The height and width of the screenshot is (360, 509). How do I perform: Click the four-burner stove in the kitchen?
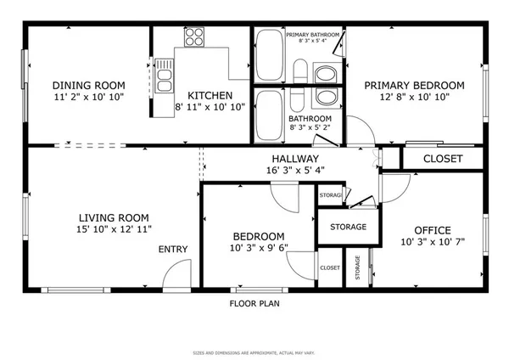coord(194,37)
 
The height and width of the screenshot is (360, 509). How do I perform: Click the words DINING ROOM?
coord(88,85)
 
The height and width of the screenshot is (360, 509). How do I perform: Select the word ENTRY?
coord(173,250)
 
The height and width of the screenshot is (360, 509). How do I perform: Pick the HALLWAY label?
coord(294,159)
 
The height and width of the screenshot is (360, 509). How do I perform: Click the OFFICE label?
coord(432,230)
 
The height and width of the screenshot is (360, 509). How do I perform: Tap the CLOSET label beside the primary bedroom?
coord(442,159)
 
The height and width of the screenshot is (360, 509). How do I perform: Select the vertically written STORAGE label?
coord(358,267)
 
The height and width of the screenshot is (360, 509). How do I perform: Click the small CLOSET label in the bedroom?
coord(330,267)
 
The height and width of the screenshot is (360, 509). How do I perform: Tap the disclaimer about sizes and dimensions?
coord(255,351)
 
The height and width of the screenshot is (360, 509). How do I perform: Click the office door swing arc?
coord(393,187)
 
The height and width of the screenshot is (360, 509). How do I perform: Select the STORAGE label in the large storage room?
coord(349,227)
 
